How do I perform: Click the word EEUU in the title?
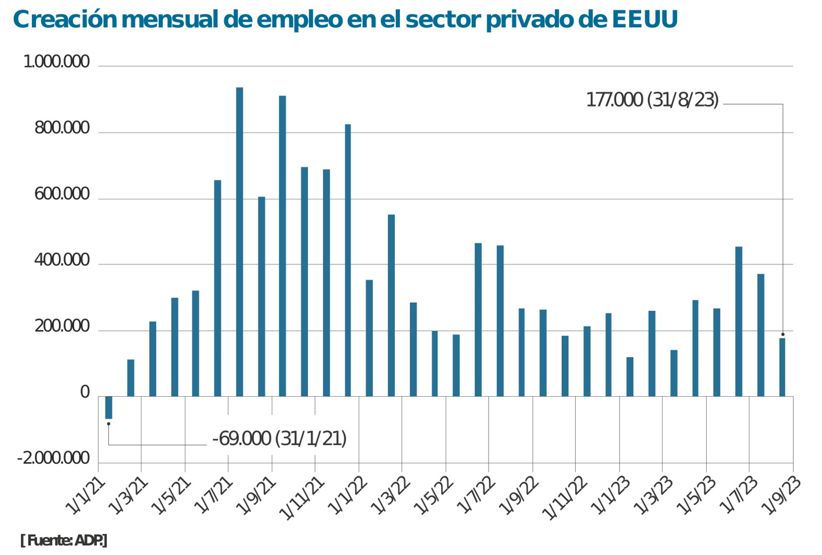tap(645, 19)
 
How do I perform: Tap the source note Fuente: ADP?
tap(64, 541)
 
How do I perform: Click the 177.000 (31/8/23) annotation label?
tap(652, 100)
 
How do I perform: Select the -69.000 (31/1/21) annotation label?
tap(279, 438)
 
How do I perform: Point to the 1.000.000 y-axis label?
tap(56, 61)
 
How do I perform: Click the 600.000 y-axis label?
tap(62, 194)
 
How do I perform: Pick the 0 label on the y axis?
tap(85, 393)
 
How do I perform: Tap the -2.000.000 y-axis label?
tap(53, 458)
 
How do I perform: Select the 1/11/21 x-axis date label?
tap(301, 499)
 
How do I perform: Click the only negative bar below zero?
tap(109, 407)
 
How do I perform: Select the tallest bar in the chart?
tap(239, 242)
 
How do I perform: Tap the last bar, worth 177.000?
tap(782, 367)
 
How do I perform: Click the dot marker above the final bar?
tap(783, 334)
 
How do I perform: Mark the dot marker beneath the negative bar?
tap(108, 424)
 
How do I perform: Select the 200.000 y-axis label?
tap(62, 327)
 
